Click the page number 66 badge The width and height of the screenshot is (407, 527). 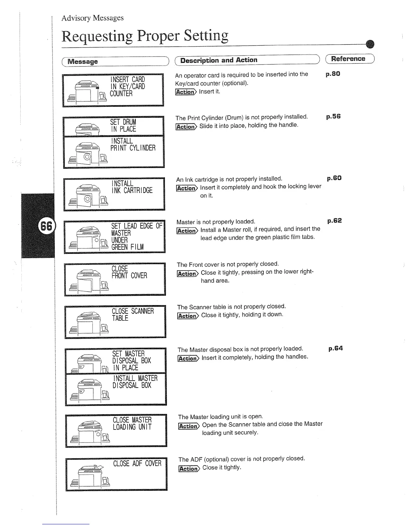click(x=46, y=226)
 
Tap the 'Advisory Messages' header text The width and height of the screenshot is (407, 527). click(x=92, y=18)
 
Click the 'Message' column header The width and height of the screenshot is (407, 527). click(x=83, y=62)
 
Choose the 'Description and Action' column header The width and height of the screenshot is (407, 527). click(x=218, y=60)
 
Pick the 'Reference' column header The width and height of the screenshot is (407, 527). click(x=348, y=59)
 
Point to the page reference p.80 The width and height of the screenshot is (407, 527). click(x=333, y=74)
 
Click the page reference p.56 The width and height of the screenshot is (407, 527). click(x=334, y=116)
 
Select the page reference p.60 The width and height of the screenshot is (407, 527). click(x=334, y=178)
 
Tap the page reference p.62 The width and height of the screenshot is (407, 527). click(x=335, y=221)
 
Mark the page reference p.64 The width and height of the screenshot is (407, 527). click(x=336, y=348)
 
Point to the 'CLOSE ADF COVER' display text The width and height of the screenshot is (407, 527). click(x=137, y=463)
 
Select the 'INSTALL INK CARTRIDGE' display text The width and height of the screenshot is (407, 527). click(x=132, y=187)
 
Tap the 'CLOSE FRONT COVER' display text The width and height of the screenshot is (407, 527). click(x=129, y=272)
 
